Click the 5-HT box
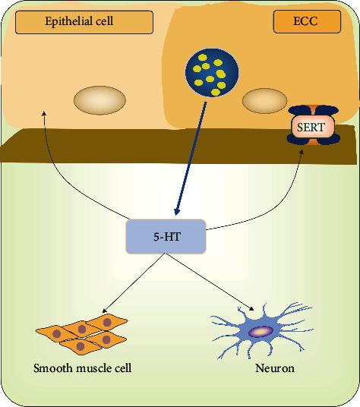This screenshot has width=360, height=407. (166, 237)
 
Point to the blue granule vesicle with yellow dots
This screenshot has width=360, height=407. (213, 74)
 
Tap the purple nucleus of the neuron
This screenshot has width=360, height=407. (260, 332)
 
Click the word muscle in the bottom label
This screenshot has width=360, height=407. (84, 371)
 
